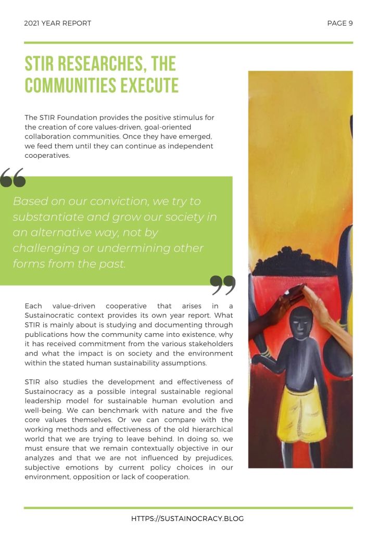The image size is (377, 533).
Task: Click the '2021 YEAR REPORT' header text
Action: (x=58, y=23)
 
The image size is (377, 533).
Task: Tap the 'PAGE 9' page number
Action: (x=340, y=23)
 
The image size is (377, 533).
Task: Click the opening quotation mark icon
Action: (x=13, y=178)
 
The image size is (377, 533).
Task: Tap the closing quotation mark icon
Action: (x=223, y=285)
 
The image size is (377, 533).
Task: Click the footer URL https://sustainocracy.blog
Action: (x=187, y=518)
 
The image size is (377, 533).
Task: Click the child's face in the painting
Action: (x=301, y=325)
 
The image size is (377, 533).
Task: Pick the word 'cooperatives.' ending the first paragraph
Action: (x=47, y=155)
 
